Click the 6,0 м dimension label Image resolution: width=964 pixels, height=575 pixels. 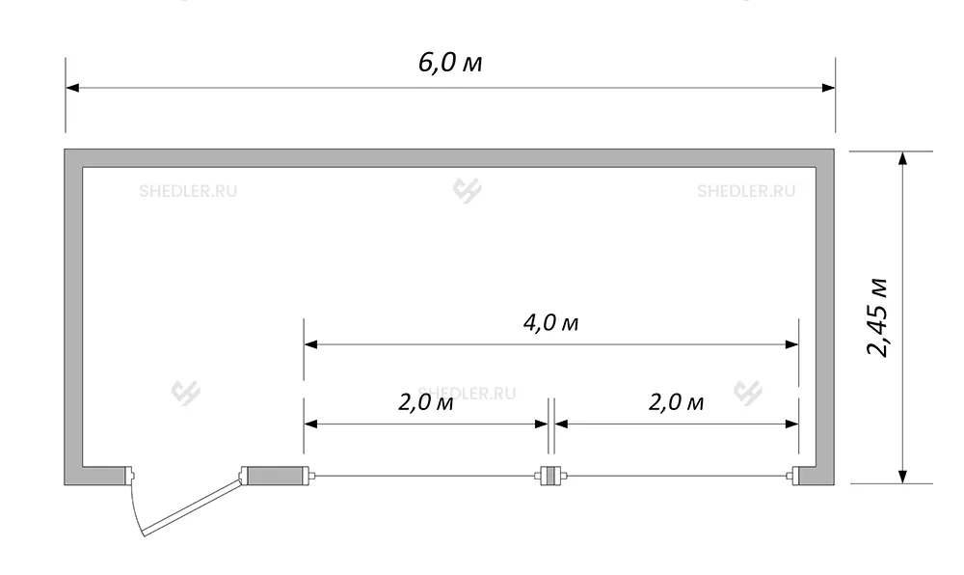point(450,63)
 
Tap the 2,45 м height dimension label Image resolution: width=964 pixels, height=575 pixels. point(878,317)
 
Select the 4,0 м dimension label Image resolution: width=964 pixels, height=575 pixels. point(550,323)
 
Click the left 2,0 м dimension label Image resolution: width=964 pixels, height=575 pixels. point(426,403)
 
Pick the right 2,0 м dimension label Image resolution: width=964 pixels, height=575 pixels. point(677,403)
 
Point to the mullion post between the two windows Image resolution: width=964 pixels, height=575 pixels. point(550,476)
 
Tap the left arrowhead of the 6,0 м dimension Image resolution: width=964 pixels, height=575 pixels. point(72,88)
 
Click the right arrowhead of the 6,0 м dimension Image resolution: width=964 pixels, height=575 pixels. point(828,88)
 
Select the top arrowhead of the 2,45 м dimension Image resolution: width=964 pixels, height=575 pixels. point(902,158)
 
